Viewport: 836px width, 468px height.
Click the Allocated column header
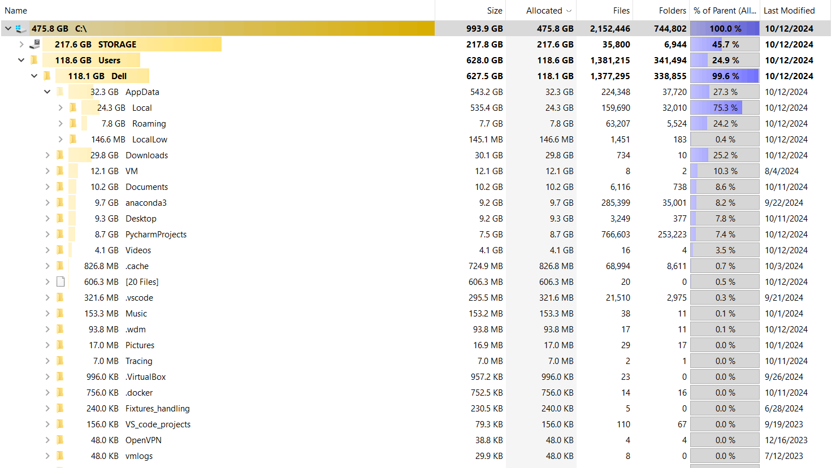click(x=544, y=11)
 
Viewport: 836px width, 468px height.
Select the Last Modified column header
click(x=789, y=11)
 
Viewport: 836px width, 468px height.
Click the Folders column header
click(x=672, y=11)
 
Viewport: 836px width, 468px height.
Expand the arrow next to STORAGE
click(x=21, y=44)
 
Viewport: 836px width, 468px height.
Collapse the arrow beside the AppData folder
click(x=47, y=92)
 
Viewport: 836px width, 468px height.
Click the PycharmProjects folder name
click(x=156, y=235)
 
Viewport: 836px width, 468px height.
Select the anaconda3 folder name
click(x=146, y=203)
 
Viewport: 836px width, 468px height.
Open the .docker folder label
click(x=139, y=393)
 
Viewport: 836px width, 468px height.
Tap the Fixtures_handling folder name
click(x=158, y=409)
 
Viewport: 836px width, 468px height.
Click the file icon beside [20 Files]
click(x=60, y=281)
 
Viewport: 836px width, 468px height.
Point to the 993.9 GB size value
click(x=484, y=28)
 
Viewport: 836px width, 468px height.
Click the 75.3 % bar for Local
click(x=725, y=108)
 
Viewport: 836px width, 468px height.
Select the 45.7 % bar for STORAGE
click(x=725, y=45)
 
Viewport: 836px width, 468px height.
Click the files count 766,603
click(x=616, y=235)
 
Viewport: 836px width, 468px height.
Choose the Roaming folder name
click(x=149, y=124)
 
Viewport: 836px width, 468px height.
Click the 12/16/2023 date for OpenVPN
click(x=786, y=440)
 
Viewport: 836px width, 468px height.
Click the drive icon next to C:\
click(x=21, y=28)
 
